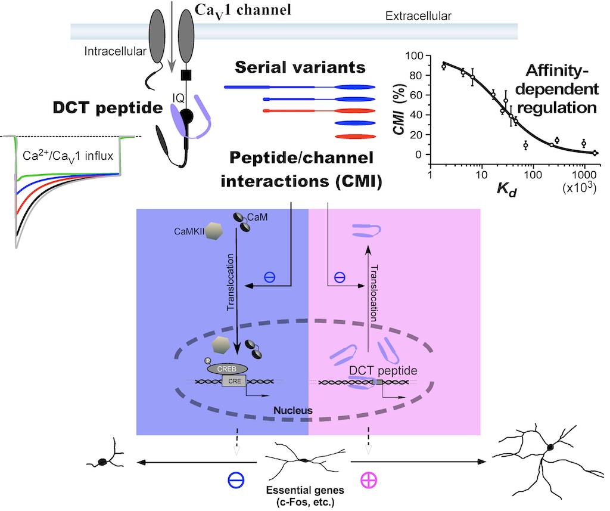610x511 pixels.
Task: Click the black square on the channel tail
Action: pos(186,75)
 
